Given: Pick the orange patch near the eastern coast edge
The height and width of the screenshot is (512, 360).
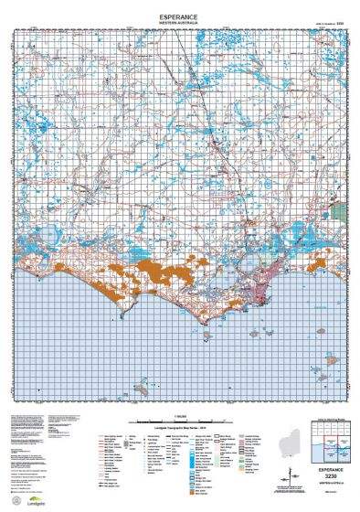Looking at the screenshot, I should (317, 264).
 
